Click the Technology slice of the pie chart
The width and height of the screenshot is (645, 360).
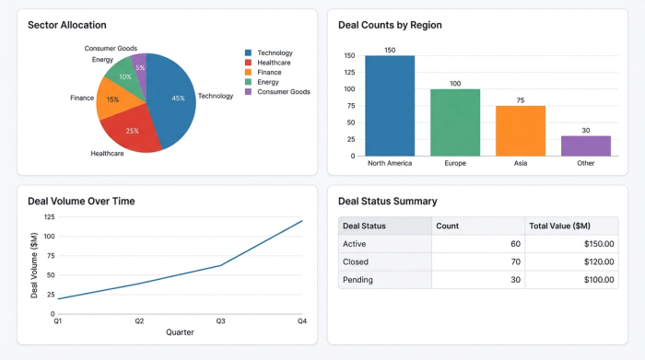175,97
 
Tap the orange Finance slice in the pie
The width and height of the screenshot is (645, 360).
113,99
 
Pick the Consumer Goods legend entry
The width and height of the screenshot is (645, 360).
283,92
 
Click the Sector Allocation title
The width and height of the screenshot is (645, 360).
67,25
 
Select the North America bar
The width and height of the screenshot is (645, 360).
390,106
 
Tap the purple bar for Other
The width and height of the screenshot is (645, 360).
586,145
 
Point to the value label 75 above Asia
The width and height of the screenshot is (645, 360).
521,99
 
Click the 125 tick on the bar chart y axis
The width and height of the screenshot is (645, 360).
349,72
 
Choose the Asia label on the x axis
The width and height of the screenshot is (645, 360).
521,164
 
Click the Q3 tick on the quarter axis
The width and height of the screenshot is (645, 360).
220,320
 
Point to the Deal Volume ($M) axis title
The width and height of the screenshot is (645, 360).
35,266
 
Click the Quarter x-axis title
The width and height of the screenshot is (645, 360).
180,332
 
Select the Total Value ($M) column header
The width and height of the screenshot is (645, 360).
559,226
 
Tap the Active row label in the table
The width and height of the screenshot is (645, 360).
355,244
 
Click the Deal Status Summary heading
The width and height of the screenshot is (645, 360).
388,201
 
